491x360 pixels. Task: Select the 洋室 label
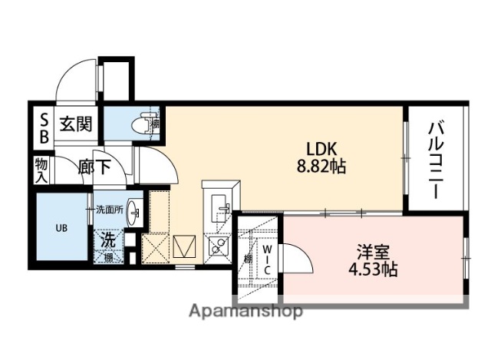pos(371,251)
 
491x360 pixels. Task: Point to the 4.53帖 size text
pos(371,269)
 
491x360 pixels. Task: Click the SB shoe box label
pos(44,129)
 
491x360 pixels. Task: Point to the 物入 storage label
pos(41,170)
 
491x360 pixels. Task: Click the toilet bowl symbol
pos(142,122)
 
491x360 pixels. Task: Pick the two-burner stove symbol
pos(216,246)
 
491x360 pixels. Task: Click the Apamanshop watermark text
pos(245,311)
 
